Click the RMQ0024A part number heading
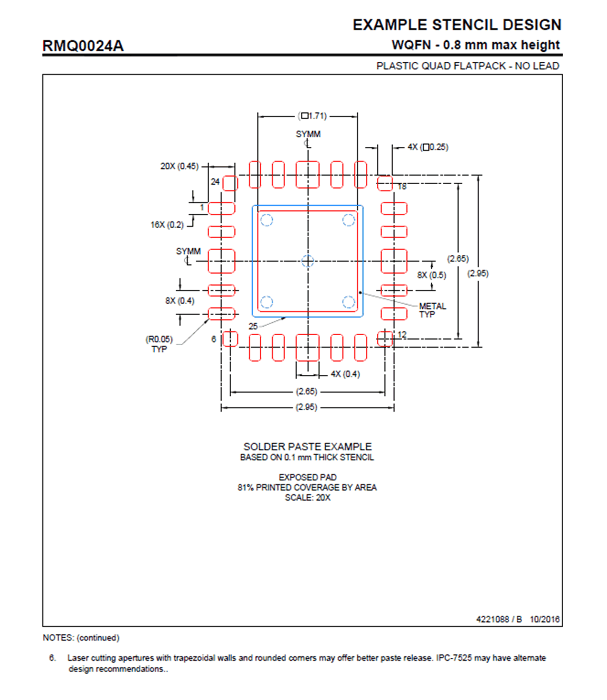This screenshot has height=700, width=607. pos(83,46)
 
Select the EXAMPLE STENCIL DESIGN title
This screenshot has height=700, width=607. pos(457,25)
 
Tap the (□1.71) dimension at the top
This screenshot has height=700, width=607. pos(312,116)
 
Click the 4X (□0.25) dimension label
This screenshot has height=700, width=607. pos(428,147)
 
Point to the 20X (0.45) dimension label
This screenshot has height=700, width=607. pos(179,166)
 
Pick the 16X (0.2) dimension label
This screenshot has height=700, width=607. pos(167,225)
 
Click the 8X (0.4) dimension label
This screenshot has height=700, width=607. pos(179,301)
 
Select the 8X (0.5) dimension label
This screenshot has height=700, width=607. pos(431,275)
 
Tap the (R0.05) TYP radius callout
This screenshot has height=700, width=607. pos(159,344)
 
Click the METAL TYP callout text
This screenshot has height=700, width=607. pos(432,310)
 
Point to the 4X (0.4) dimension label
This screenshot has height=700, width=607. pos(345,374)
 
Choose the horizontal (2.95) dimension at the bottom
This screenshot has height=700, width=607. pos(306,407)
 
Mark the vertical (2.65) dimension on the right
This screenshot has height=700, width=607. pos(458,259)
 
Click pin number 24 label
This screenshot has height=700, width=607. pos(215,182)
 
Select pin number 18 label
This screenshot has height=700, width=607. pos(402,186)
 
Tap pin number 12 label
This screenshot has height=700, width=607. pos(402,335)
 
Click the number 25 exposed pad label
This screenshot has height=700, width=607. pos(253,326)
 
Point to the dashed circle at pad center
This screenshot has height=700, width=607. pos(308,261)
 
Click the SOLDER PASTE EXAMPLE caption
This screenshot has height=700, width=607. pos(307,447)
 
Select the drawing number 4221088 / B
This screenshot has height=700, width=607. pos(499,619)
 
